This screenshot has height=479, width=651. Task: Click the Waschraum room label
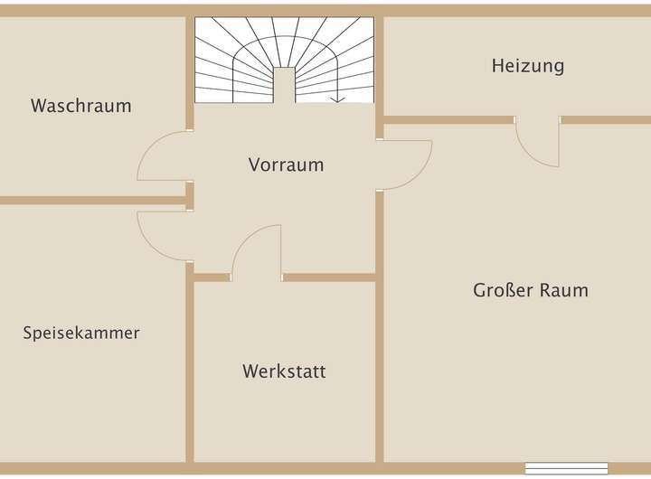tap(80, 106)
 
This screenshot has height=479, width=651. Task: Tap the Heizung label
tap(528, 65)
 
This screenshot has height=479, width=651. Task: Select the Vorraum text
tap(286, 165)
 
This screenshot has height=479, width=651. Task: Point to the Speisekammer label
tap(81, 333)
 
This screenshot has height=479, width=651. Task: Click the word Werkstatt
tap(284, 371)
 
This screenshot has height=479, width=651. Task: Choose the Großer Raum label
tap(531, 290)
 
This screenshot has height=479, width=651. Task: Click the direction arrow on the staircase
tap(340, 99)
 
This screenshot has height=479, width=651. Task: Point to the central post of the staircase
tap(284, 86)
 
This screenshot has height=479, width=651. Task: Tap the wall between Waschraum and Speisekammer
tap(90, 200)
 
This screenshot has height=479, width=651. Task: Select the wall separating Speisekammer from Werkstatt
tap(190, 362)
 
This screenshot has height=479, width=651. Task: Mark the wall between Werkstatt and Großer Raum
tap(380, 362)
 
